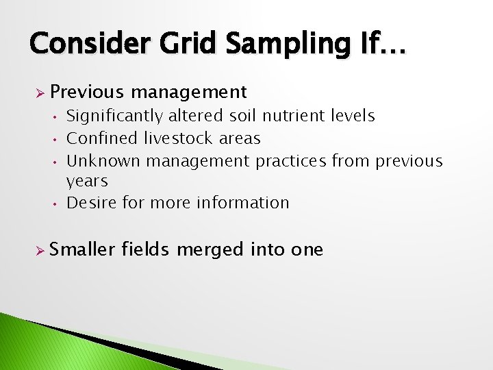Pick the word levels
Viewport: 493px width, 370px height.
pos(351,116)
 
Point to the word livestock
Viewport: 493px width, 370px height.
pos(179,138)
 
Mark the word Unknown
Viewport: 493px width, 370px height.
pos(103,161)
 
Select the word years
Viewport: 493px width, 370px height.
pos(87,182)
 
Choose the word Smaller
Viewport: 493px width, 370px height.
pos(83,249)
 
